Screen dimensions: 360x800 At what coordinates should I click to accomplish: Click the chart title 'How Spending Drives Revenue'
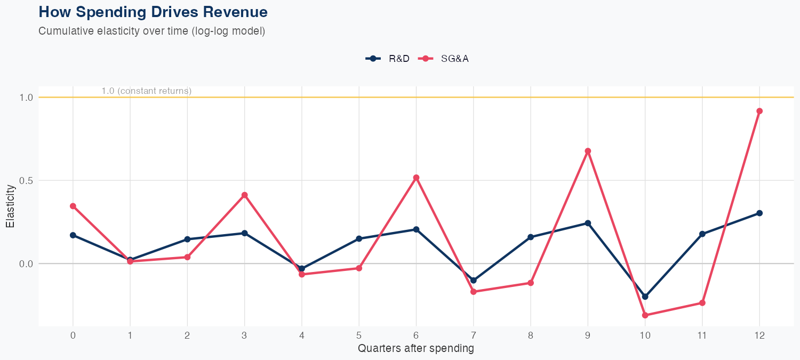click(153, 12)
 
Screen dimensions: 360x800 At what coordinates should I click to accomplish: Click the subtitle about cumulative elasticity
click(151, 31)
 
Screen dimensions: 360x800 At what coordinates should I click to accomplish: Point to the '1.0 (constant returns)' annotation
click(146, 91)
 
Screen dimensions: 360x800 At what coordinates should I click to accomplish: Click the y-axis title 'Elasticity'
click(10, 206)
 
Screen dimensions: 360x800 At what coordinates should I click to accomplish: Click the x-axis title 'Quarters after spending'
click(415, 349)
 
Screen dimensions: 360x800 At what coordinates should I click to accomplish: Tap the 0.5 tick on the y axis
click(26, 180)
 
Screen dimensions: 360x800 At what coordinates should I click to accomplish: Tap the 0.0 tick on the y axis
click(26, 263)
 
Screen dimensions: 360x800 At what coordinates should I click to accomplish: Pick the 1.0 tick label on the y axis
click(26, 98)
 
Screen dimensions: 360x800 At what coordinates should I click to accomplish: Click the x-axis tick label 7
click(473, 335)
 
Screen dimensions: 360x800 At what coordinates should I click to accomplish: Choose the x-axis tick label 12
click(759, 335)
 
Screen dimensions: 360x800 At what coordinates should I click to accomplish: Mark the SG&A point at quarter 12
click(759, 111)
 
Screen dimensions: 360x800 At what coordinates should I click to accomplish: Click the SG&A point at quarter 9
click(588, 151)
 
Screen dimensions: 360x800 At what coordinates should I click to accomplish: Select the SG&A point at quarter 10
click(645, 315)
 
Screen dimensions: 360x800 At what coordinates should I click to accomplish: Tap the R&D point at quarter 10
click(645, 297)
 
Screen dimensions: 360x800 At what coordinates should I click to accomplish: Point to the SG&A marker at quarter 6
click(416, 178)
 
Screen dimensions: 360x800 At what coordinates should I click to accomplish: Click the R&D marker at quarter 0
click(73, 235)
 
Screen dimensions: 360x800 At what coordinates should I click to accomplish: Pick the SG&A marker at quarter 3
click(244, 195)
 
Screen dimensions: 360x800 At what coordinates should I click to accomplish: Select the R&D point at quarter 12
click(759, 213)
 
